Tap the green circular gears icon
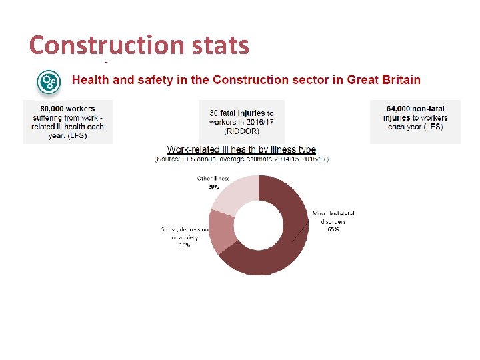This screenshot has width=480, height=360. point(49,82)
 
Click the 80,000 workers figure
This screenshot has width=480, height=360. point(68,109)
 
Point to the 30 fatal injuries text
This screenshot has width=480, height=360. point(241,113)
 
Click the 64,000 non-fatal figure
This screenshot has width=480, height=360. point(415,109)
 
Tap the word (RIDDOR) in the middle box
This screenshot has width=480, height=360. point(241,131)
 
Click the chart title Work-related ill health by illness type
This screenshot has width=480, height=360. point(241,150)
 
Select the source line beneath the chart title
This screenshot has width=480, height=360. point(241,159)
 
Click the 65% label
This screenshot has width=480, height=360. point(333,229)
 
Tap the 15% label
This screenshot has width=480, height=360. point(184,245)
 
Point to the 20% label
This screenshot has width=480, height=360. point(213,187)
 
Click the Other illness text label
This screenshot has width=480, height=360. point(213,179)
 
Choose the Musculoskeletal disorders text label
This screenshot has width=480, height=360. point(333,217)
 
